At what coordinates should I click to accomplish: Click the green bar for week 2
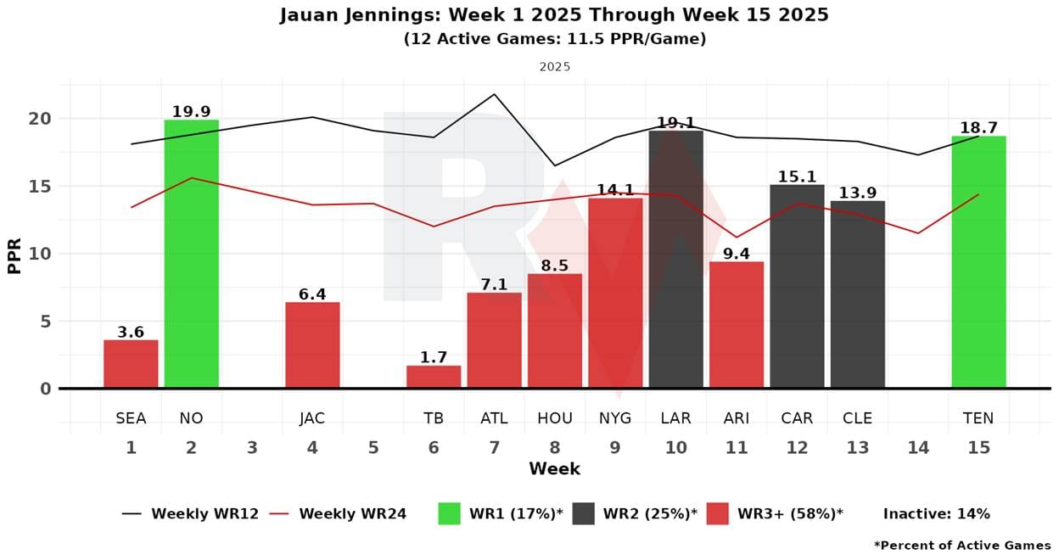coord(191,254)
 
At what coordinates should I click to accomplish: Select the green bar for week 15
coord(978,262)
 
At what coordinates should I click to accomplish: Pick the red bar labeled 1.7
coord(434,377)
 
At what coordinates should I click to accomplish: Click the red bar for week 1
coord(131,364)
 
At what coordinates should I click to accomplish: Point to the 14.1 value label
coord(615,189)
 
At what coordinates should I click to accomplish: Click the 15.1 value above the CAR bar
coord(797,176)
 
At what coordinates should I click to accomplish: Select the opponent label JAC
coord(312,418)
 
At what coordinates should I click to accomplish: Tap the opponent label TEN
coord(978,418)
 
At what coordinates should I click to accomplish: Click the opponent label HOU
coord(555,418)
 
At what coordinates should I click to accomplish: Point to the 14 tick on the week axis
coord(918,447)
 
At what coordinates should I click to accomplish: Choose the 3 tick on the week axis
coord(252,447)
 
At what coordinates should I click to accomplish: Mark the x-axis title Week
coord(554,469)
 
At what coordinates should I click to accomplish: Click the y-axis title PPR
coord(14,254)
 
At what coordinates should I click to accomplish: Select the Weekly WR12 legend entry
coord(190,513)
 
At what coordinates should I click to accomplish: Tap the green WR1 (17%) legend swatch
coord(449,513)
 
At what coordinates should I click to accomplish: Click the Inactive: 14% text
coord(936,513)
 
